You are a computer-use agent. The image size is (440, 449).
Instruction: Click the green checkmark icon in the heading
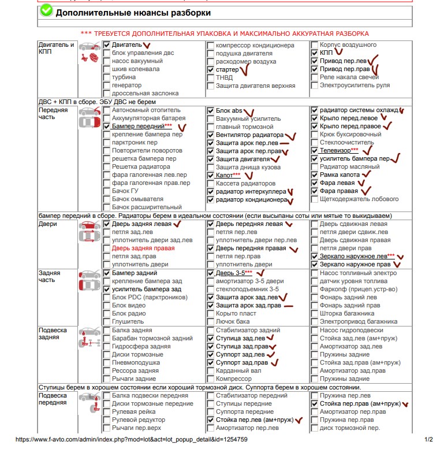[47, 12]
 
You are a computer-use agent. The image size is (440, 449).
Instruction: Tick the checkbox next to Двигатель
[107, 45]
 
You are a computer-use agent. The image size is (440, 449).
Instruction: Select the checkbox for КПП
[314, 53]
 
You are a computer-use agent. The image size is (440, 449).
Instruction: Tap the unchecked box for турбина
[107, 77]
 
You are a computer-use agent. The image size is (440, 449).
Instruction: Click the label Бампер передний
[137, 126]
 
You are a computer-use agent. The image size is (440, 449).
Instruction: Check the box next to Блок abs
[211, 110]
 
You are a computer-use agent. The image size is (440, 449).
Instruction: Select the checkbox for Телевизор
[314, 150]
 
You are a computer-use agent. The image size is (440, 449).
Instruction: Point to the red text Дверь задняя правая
[143, 248]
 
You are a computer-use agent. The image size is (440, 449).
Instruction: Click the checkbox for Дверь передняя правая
[211, 248]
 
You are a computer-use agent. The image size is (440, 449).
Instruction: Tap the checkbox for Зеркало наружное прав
[314, 265]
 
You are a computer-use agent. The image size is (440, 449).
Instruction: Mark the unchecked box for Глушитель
[107, 321]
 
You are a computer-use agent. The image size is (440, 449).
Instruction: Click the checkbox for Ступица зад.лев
[211, 338]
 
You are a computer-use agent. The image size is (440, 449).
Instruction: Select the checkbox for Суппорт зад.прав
[211, 362]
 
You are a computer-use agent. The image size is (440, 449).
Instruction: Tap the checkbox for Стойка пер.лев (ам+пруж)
[211, 420]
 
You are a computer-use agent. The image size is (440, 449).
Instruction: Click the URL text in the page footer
[132, 440]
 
